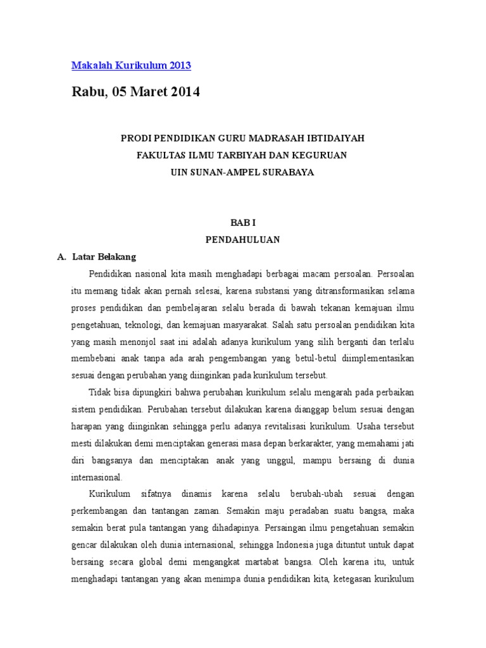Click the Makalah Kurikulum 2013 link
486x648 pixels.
pyautogui.click(x=131, y=66)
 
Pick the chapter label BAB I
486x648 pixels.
pyautogui.click(x=243, y=223)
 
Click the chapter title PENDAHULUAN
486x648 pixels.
pyautogui.click(x=243, y=240)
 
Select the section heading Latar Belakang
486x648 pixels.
pyautogui.click(x=104, y=257)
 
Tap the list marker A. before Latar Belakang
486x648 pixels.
pyautogui.click(x=61, y=257)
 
